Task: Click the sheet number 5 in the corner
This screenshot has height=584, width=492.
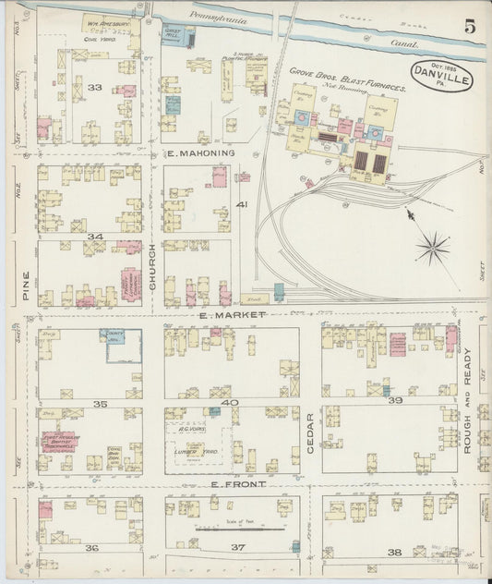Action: tap(470, 27)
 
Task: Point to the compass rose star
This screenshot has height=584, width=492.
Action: tap(432, 247)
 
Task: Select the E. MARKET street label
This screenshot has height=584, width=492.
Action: tap(232, 315)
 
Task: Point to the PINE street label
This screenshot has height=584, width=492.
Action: tap(26, 286)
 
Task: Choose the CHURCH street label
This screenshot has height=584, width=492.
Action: tap(153, 274)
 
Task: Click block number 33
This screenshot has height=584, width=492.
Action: tap(94, 87)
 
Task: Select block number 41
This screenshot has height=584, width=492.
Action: tap(242, 203)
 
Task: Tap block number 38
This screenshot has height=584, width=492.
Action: tap(394, 552)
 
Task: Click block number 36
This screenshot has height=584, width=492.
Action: tap(91, 548)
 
